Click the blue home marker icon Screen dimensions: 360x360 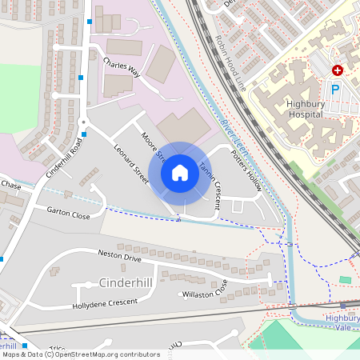pyautogui.click(x=180, y=172)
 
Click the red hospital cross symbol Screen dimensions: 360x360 pyautogui.click(x=338, y=70)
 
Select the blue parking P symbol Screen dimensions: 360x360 pyautogui.click(x=335, y=90)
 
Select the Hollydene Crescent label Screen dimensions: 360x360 pyautogui.click(x=105, y=304)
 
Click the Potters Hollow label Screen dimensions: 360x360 pyautogui.click(x=246, y=165)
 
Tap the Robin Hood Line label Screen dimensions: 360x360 pyautogui.click(x=230, y=63)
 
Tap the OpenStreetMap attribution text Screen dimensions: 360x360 pyautogui.click(x=80, y=354)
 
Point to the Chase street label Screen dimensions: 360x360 pyautogui.click(x=11, y=185)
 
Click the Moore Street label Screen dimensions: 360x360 pyautogui.click(x=151, y=144)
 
